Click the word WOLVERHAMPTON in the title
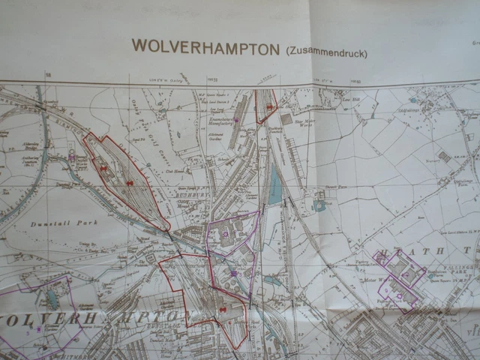click(x=205, y=46)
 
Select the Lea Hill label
click(x=351, y=98)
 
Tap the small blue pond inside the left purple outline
click(x=52, y=299)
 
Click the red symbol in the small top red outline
click(x=268, y=107)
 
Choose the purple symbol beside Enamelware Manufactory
click(x=236, y=119)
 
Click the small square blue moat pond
click(x=320, y=205)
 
